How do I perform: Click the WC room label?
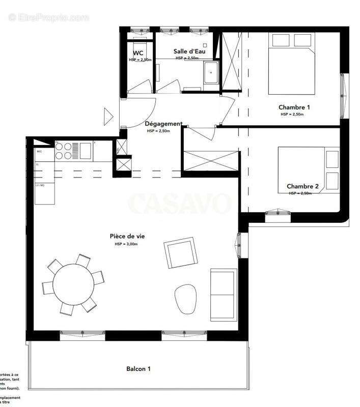(x=138, y=53)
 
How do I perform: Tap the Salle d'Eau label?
(x=186, y=51)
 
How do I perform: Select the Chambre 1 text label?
(x=294, y=107)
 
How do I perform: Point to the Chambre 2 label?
(x=302, y=187)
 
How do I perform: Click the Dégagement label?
(x=163, y=124)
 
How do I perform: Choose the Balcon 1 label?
(x=138, y=369)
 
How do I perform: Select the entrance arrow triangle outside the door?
(x=107, y=117)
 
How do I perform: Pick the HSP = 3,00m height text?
(x=126, y=244)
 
